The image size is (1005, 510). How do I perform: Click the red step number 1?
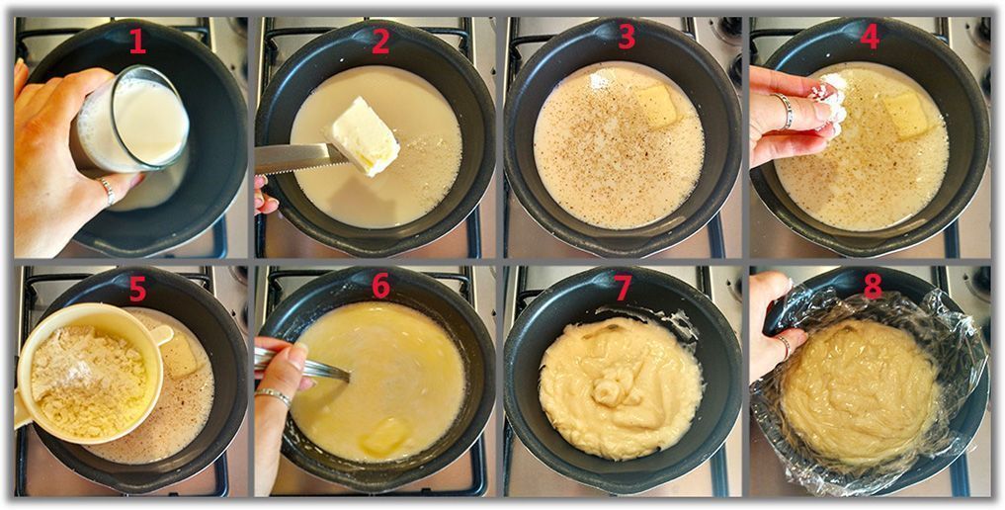pyautogui.click(x=137, y=42)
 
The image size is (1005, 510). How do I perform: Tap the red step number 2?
pyautogui.click(x=380, y=42)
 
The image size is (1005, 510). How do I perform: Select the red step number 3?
pyautogui.click(x=627, y=38)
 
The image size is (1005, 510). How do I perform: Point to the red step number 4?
pyautogui.click(x=870, y=38)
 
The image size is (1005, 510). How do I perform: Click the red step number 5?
pyautogui.click(x=137, y=289)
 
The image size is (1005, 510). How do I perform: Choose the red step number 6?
pyautogui.click(x=380, y=286)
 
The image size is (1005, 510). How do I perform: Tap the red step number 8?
pyautogui.click(x=873, y=286)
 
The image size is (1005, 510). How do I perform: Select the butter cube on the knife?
pyautogui.click(x=362, y=135)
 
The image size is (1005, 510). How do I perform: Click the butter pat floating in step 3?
pyautogui.click(x=656, y=105)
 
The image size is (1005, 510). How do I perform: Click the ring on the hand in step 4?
pyautogui.click(x=786, y=111)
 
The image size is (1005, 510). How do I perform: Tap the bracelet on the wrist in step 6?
pyautogui.click(x=273, y=395)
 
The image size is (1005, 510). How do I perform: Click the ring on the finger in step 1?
pyautogui.click(x=108, y=191)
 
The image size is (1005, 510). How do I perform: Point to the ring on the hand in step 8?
pyautogui.click(x=785, y=347)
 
